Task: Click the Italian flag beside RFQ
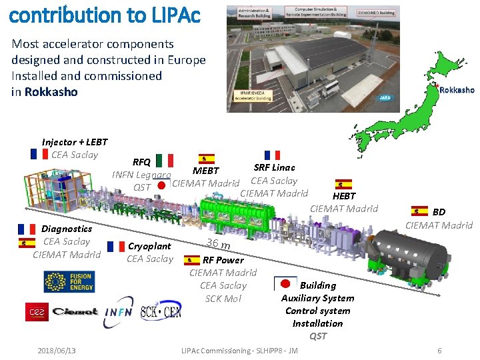(x=165, y=161)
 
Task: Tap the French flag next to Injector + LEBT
(x=39, y=154)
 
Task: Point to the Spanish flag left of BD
(x=420, y=211)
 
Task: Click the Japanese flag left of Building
(x=287, y=284)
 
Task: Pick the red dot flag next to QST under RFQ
(x=162, y=186)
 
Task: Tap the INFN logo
(x=118, y=312)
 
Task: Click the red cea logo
(x=37, y=312)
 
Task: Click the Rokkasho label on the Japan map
(x=457, y=90)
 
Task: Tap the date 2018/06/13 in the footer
(x=57, y=351)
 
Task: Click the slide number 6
(x=439, y=351)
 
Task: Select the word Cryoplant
(x=149, y=246)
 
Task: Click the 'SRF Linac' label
(x=274, y=167)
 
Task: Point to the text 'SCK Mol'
(x=223, y=298)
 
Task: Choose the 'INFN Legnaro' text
(x=141, y=175)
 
